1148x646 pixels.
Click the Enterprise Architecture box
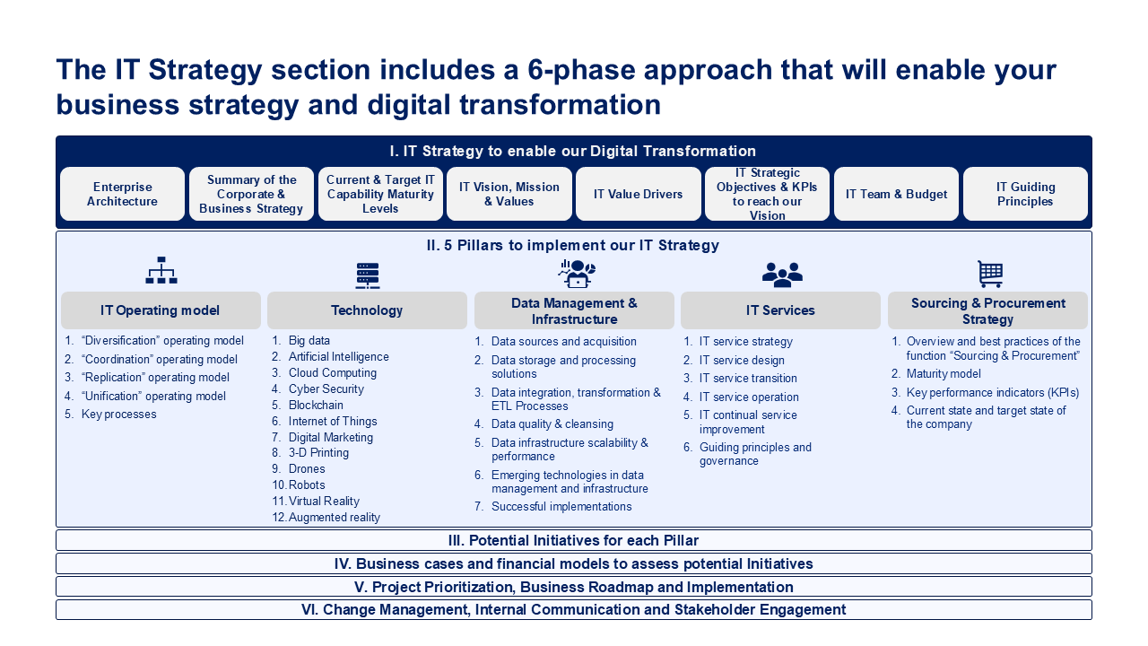(x=122, y=194)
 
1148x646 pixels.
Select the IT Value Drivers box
(x=638, y=194)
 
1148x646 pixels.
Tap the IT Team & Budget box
(x=896, y=194)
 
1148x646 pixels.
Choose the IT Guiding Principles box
(x=1025, y=194)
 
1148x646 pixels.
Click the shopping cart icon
(x=990, y=274)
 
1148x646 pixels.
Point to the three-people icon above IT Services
(x=782, y=275)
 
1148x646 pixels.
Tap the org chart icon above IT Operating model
(x=161, y=270)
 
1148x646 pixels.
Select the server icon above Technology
(x=368, y=275)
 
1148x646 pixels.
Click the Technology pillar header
(x=367, y=310)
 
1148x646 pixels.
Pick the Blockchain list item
(x=316, y=405)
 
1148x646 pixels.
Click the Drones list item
(x=307, y=468)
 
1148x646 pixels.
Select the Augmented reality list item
(x=335, y=518)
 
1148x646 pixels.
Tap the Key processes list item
(x=119, y=415)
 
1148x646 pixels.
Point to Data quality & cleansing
(x=552, y=424)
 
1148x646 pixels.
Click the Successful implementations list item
(x=561, y=507)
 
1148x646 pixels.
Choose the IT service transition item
(x=748, y=379)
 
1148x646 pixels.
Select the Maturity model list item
(x=944, y=374)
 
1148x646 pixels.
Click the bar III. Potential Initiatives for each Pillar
(x=574, y=540)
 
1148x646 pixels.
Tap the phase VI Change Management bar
(x=574, y=609)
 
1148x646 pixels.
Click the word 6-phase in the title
(x=581, y=70)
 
